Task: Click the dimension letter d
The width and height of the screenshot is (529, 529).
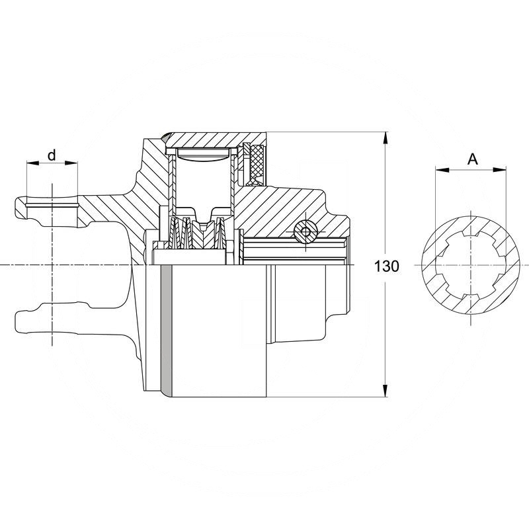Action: coord(52,155)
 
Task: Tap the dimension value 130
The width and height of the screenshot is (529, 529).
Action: coord(387,266)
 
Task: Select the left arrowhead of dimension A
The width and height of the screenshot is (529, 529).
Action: coord(438,170)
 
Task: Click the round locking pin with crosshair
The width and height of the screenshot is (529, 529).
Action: coord(305,231)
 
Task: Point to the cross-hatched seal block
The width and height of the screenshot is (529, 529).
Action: coord(255,165)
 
